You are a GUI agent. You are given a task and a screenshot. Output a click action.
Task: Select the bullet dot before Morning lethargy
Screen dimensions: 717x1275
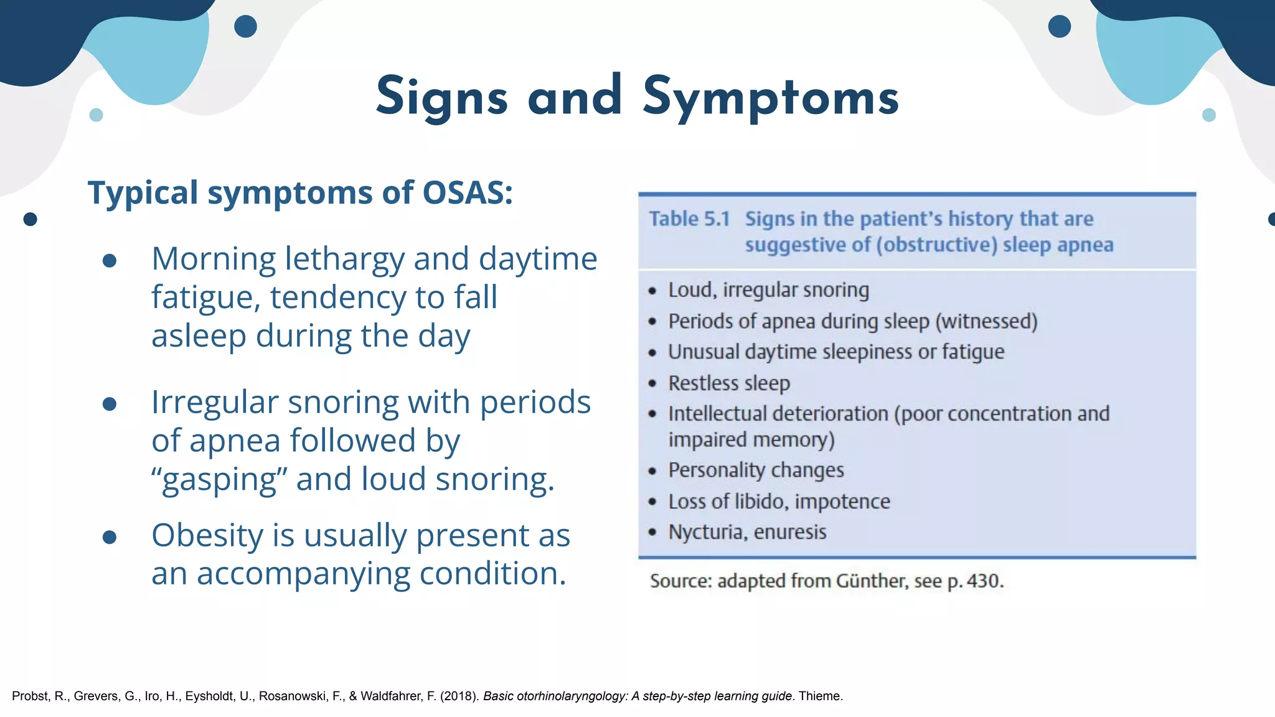click(x=110, y=261)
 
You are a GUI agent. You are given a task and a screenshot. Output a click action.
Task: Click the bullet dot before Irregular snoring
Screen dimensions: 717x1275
click(x=110, y=405)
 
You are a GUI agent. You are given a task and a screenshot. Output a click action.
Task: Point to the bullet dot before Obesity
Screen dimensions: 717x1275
click(x=110, y=537)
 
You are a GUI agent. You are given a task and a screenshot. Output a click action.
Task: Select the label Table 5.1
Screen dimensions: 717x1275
click(x=689, y=219)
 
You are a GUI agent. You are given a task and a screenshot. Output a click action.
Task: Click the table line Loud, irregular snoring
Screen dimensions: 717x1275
click(x=768, y=290)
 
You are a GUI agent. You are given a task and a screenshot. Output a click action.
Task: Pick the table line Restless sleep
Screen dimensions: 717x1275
click(x=729, y=383)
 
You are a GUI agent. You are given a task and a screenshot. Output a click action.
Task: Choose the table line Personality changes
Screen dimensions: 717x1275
click(x=756, y=471)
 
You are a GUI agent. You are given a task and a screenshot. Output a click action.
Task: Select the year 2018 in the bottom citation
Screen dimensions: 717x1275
click(x=459, y=696)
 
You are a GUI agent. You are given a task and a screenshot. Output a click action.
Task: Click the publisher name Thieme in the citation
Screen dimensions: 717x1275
click(x=819, y=696)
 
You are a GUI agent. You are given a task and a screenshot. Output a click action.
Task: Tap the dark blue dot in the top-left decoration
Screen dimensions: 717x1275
click(x=245, y=26)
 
